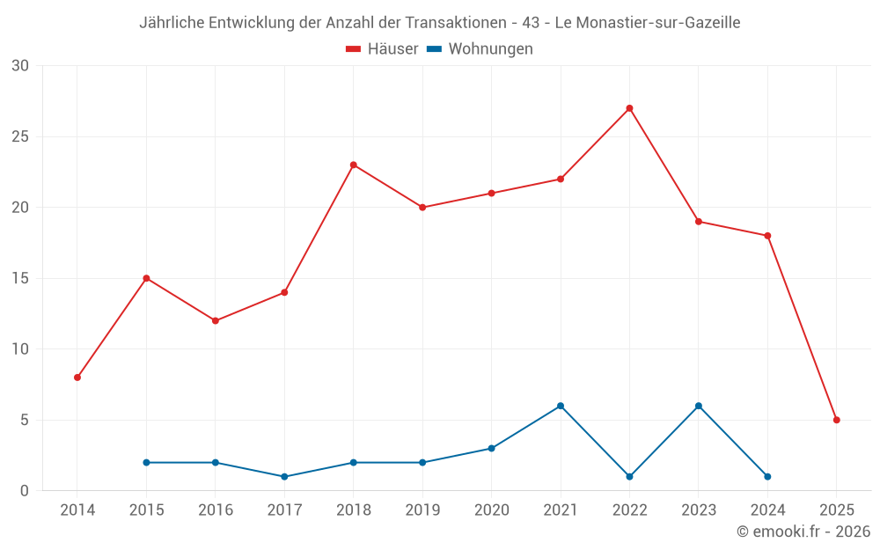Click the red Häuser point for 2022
(629, 108)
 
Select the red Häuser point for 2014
(77, 378)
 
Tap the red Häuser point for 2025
(836, 420)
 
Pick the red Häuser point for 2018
(353, 165)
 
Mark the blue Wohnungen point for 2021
(560, 406)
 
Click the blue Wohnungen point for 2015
(146, 462)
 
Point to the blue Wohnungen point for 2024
(767, 476)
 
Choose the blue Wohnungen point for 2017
(284, 476)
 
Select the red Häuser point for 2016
(216, 320)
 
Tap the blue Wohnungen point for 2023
(699, 406)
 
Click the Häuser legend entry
(382, 49)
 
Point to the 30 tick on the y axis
(20, 66)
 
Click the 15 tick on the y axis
(20, 278)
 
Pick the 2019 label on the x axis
(422, 510)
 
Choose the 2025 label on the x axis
(836, 510)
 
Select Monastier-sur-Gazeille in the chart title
(658, 23)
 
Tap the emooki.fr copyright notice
(803, 532)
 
